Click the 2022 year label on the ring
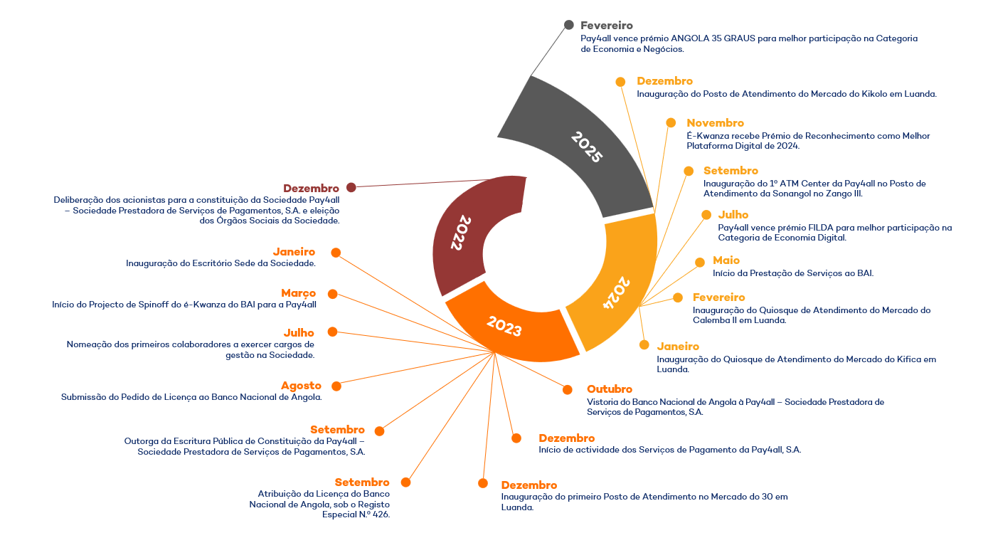coord(461,233)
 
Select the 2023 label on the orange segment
coord(504,326)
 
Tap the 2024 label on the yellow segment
coord(617,292)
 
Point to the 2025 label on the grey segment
coord(587,147)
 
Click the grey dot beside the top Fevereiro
coord(569,25)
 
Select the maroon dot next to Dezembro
coord(351,188)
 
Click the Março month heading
coord(299,293)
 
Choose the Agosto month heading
coord(302,386)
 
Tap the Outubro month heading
coord(610,389)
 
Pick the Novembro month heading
coord(716,122)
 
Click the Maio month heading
coord(726,260)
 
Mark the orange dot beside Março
coord(333,295)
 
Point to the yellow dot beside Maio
coord(700,263)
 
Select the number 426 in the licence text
coord(381,514)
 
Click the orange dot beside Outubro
coord(568,389)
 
